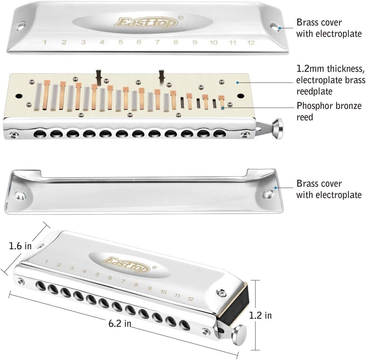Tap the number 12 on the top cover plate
(x=251, y=43)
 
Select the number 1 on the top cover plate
(x=45, y=42)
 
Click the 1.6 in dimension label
(x=20, y=246)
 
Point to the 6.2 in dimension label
(x=120, y=323)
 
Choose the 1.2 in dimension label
(x=260, y=315)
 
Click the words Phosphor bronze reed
(x=329, y=111)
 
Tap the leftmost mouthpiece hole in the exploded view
(x=40, y=134)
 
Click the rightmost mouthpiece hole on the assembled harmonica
(x=185, y=325)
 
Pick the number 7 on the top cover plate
(x=157, y=42)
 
